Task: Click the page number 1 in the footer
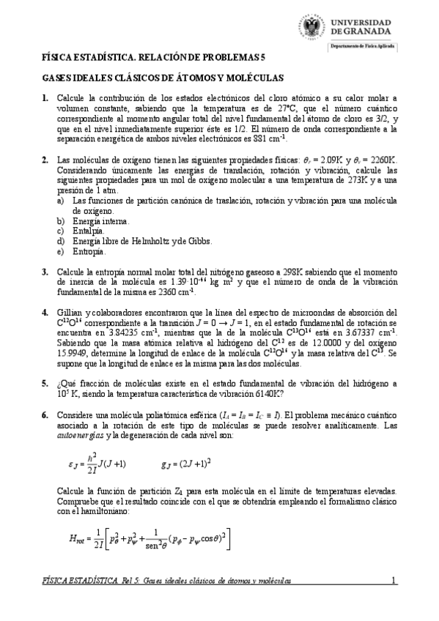point(394,581)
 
